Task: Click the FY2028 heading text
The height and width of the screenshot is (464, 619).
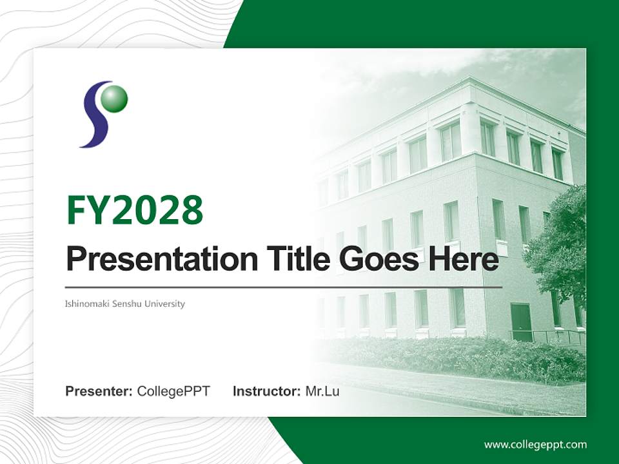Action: (x=135, y=210)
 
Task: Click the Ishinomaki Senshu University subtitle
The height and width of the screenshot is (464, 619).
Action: (x=125, y=304)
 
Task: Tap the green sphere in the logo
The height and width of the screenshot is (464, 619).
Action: (x=115, y=99)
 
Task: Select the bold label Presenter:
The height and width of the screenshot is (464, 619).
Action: (x=99, y=391)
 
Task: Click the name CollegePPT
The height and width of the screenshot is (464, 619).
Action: (x=173, y=391)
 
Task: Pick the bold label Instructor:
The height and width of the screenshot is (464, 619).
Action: (x=267, y=391)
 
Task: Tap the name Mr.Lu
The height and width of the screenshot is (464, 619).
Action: (x=322, y=391)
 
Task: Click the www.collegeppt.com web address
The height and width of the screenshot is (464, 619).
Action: (x=535, y=444)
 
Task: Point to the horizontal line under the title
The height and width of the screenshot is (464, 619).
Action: (x=284, y=287)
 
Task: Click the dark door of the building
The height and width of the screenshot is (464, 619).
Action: (x=520, y=322)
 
